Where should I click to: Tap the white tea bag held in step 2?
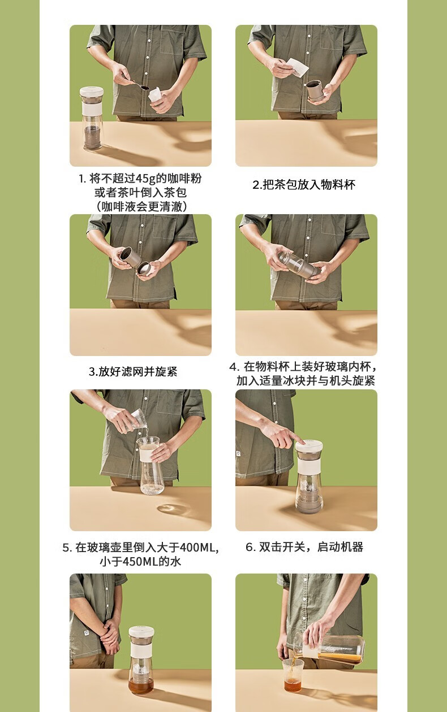pyautogui.click(x=298, y=67)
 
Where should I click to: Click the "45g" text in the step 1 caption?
pyautogui.click(x=146, y=179)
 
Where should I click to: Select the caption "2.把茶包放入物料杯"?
pyautogui.click(x=304, y=185)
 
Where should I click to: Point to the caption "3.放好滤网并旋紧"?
pyautogui.click(x=133, y=371)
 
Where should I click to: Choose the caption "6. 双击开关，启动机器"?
pyautogui.click(x=304, y=547)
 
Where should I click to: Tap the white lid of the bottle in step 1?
pyautogui.click(x=91, y=91)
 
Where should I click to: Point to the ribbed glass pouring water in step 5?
pyautogui.click(x=137, y=418)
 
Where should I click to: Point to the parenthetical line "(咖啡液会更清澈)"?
pyautogui.click(x=141, y=207)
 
